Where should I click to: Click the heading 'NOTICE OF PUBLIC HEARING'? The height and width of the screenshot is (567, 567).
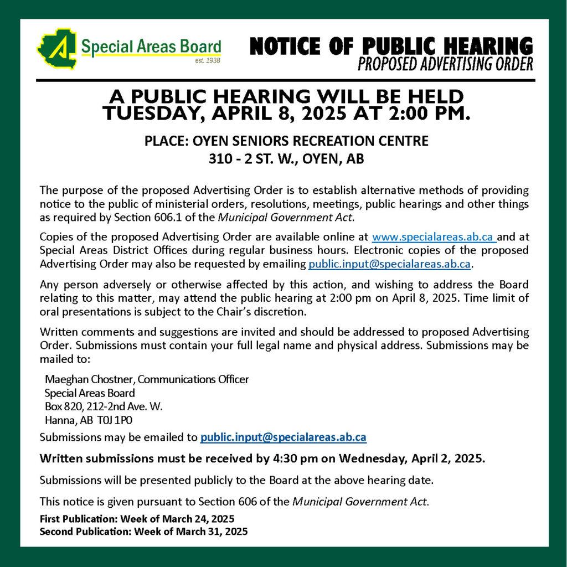[391, 47]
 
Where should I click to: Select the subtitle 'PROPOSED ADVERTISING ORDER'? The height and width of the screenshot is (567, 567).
[445, 65]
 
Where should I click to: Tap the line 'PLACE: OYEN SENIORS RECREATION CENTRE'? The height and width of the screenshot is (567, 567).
[286, 141]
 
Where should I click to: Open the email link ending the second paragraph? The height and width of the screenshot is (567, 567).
[389, 264]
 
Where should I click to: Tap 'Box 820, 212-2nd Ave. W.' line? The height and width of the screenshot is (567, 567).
[103, 406]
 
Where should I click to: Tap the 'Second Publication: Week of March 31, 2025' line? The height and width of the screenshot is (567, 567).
[143, 531]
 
